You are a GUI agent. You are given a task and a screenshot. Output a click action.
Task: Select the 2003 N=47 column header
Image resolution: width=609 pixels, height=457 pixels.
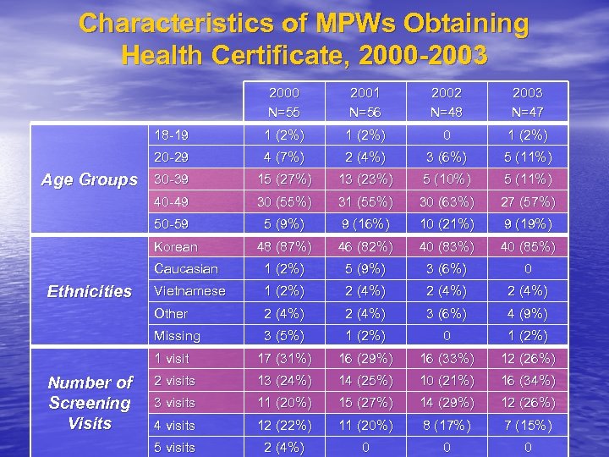528,102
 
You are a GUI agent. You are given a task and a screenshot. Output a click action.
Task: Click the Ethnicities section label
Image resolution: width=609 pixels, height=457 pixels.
90,291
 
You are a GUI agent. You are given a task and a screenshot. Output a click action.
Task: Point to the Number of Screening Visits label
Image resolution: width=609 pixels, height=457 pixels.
90,403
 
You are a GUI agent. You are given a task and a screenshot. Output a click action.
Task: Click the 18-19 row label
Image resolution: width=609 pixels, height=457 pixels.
172,135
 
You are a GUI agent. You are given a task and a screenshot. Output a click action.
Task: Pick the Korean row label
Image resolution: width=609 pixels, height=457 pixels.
175,247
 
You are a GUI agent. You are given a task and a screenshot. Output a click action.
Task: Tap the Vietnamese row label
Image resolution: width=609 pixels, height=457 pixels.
189,291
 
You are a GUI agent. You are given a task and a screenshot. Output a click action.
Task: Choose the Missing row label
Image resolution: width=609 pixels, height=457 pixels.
177,336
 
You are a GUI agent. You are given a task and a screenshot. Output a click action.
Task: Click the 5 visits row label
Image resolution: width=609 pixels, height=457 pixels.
174,447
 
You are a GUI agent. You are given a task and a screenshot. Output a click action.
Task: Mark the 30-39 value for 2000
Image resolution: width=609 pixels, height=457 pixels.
283,179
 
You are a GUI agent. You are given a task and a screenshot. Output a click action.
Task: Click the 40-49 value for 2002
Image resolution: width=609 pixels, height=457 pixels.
446,202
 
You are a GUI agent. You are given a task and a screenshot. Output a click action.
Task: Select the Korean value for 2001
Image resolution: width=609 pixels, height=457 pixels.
365,247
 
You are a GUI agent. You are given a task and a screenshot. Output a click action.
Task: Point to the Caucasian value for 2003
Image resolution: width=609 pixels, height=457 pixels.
528,269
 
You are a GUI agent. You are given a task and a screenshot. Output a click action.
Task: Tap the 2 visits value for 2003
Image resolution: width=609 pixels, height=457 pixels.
528,381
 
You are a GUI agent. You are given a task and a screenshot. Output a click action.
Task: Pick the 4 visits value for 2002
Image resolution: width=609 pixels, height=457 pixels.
446,425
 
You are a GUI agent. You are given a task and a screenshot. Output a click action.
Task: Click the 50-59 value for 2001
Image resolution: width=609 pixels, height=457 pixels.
365,224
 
